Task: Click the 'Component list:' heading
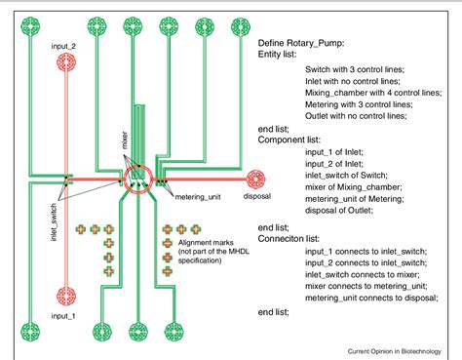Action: tap(296, 140)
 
